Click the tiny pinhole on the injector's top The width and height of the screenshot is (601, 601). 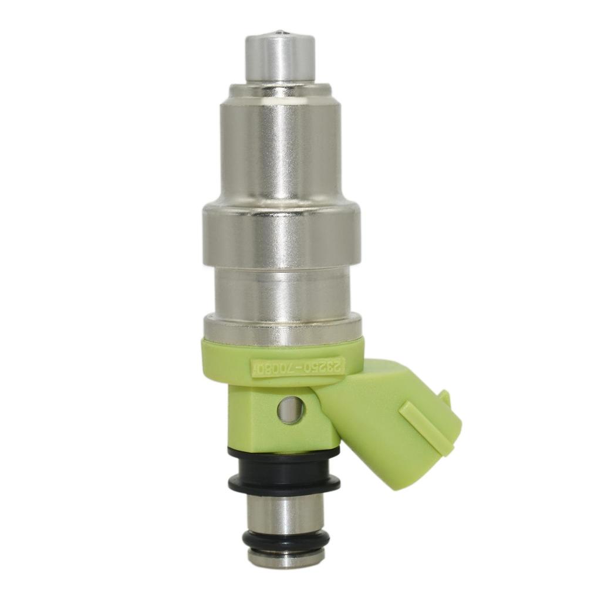[280, 33]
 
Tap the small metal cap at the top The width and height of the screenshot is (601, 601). [280, 59]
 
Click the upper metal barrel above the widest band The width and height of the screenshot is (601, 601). [280, 153]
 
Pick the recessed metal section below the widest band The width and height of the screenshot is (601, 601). [281, 290]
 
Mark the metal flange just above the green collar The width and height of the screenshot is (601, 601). [282, 328]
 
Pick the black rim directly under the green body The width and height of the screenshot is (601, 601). [283, 453]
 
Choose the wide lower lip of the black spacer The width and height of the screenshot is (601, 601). [283, 484]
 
